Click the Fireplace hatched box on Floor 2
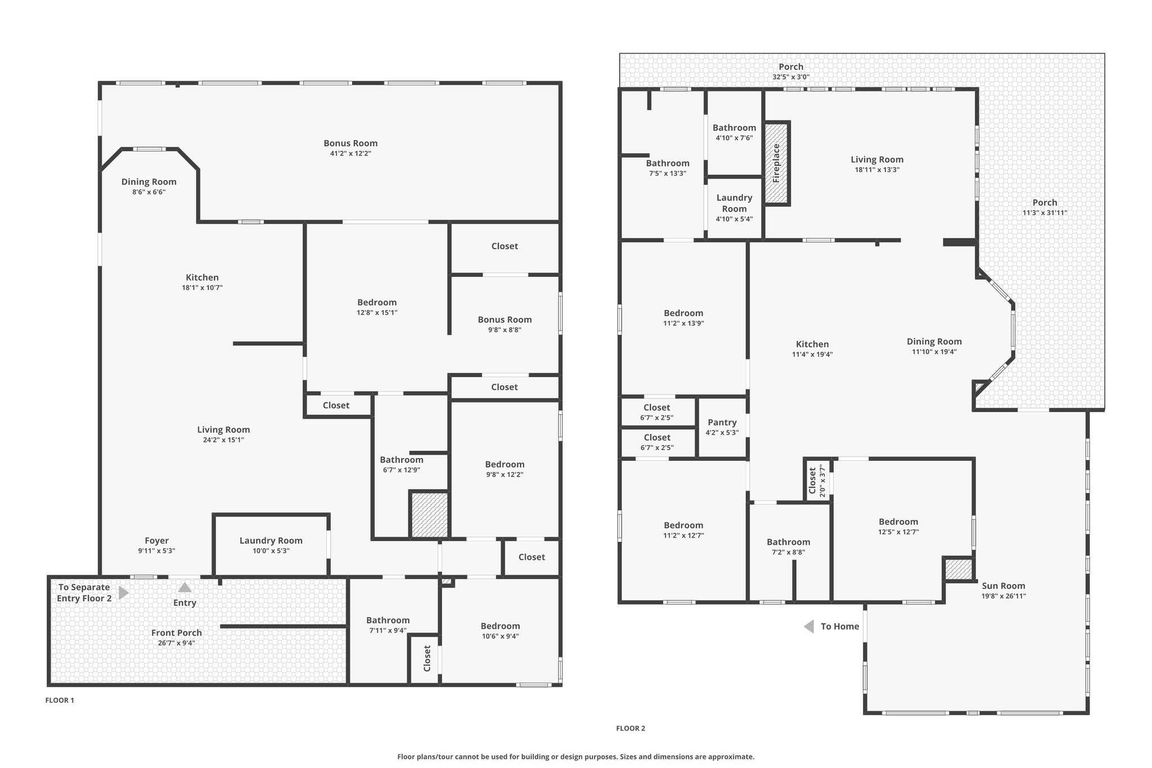pos(777,163)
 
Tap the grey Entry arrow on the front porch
pos(184,587)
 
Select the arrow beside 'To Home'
pos(809,626)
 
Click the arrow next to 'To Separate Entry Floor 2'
pos(124,592)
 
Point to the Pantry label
pos(722,423)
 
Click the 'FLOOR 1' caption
pos(60,700)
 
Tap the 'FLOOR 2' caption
pos(631,728)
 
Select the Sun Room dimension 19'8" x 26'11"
pos(1003,596)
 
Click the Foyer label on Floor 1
pos(156,541)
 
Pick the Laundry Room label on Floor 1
pos(271,541)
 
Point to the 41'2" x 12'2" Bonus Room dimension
pos(350,154)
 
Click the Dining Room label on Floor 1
pos(149,182)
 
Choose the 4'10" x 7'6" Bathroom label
pos(735,128)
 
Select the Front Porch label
pos(177,633)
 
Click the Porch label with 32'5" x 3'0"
pos(791,67)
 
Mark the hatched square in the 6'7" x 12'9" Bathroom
pos(429,515)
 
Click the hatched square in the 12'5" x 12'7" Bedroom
pos(958,569)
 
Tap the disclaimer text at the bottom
pos(576,757)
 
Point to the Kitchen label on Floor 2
pos(812,344)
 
